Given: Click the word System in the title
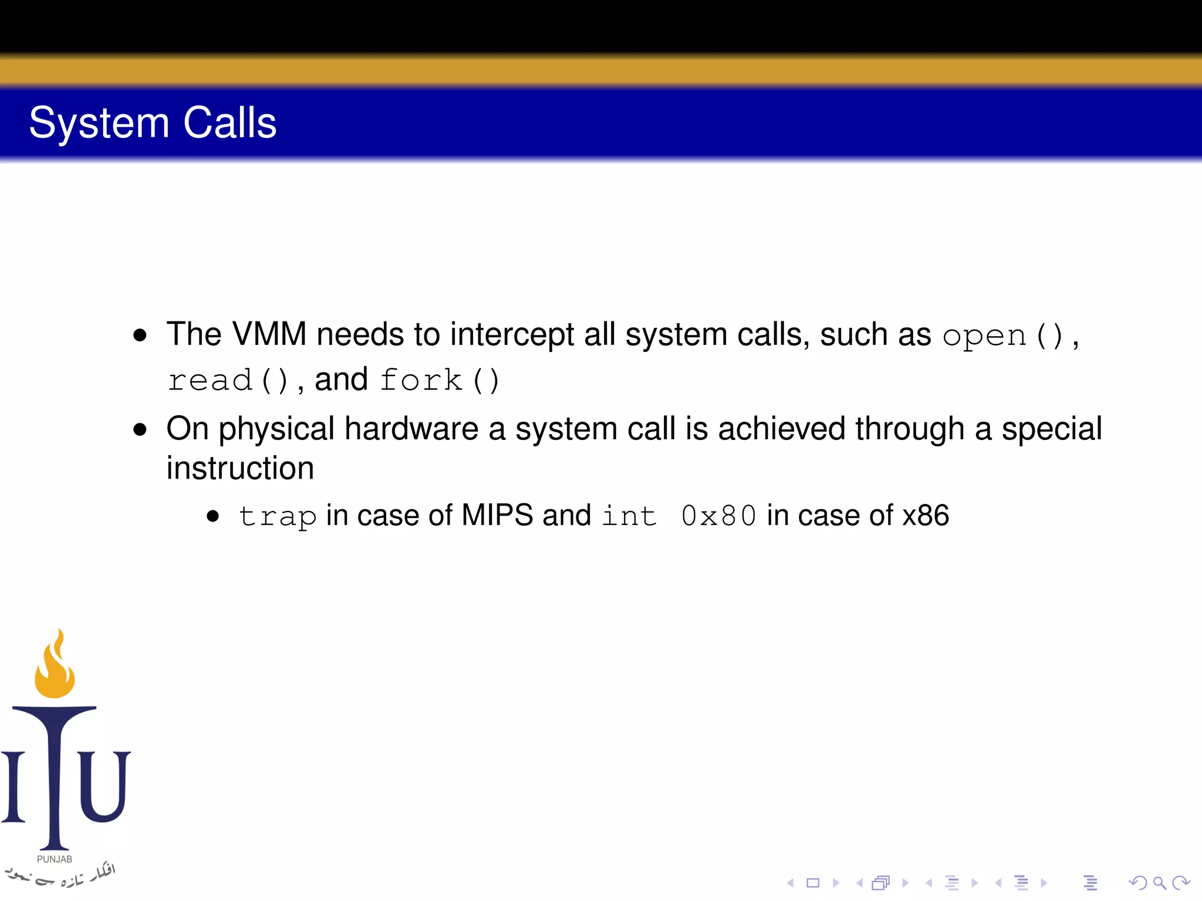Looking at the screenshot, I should click(x=99, y=123).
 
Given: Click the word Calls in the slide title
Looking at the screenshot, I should click(x=229, y=123).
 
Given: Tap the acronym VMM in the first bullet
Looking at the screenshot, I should click(x=269, y=334).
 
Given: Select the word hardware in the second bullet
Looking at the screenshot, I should click(x=411, y=429).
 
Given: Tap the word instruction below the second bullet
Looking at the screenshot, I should click(x=240, y=468).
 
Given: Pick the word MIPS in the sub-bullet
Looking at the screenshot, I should click(x=497, y=516).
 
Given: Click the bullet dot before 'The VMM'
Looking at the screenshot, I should click(x=140, y=336).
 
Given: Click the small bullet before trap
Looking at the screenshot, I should click(x=213, y=517).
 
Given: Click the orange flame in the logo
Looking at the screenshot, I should click(x=55, y=669).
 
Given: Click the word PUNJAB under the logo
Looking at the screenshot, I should click(x=55, y=859).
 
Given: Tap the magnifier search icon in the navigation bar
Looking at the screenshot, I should click(x=1159, y=883).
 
